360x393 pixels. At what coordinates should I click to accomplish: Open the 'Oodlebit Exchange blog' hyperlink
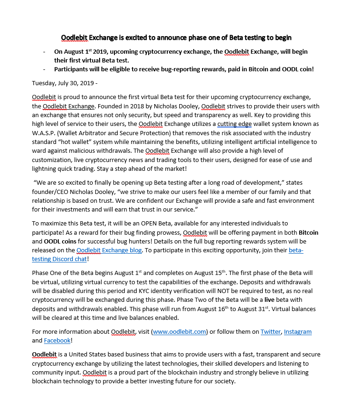click(x=109, y=250)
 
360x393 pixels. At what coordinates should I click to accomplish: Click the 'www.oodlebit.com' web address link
click(x=179, y=331)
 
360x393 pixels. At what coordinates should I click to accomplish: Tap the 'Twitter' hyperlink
click(x=270, y=331)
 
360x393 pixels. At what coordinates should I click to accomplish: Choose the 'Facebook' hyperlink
click(x=57, y=340)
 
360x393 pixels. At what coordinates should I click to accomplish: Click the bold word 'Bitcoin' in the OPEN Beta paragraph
click(x=308, y=232)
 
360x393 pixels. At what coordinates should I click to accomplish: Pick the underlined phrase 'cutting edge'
click(x=235, y=124)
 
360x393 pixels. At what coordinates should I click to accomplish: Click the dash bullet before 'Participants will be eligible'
click(x=44, y=69)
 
